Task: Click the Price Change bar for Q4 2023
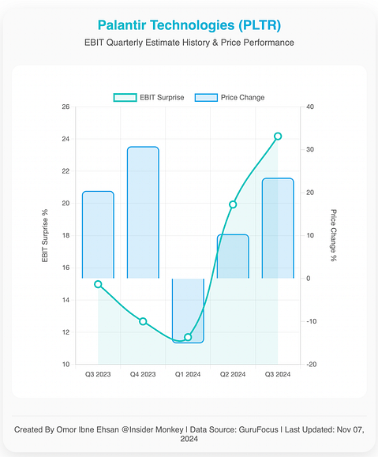click(x=143, y=212)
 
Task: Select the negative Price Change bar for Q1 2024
click(x=188, y=311)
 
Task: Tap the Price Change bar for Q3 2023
click(x=98, y=235)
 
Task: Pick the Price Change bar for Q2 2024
click(x=233, y=257)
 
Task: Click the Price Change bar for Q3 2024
click(x=278, y=228)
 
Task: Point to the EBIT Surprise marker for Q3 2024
click(x=278, y=136)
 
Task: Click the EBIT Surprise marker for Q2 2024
click(x=233, y=204)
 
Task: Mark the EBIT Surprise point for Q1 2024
click(x=188, y=337)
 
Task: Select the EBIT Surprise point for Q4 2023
click(x=143, y=321)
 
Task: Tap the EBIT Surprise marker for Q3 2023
click(x=98, y=284)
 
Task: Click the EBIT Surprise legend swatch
click(x=125, y=98)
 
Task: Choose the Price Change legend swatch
click(x=206, y=98)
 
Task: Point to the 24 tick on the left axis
click(x=65, y=139)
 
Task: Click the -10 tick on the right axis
click(x=311, y=321)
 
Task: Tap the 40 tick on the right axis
click(x=310, y=107)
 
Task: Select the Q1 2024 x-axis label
click(x=188, y=374)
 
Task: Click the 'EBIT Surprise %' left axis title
click(x=45, y=235)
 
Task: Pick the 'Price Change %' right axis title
click(x=333, y=235)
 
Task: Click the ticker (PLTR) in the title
click(x=260, y=25)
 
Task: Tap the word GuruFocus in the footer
click(x=259, y=429)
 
